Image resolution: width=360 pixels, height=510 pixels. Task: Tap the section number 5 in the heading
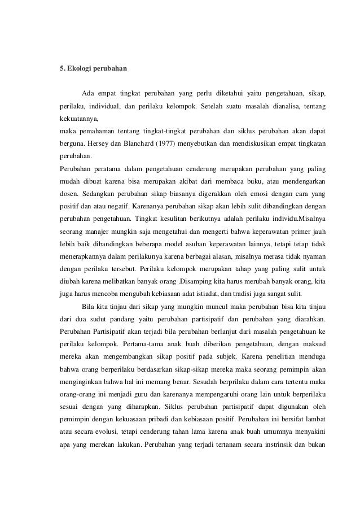point(62,69)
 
